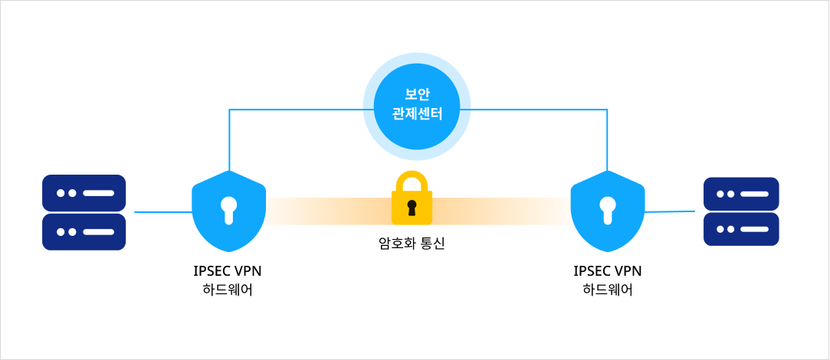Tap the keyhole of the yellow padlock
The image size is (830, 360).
pyautogui.click(x=412, y=208)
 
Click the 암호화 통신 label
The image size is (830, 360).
pyautogui.click(x=412, y=244)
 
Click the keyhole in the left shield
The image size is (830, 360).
pyautogui.click(x=228, y=209)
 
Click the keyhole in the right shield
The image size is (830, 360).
pyautogui.click(x=608, y=209)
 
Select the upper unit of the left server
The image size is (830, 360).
pyautogui.click(x=84, y=193)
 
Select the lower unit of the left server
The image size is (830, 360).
pyautogui.click(x=84, y=231)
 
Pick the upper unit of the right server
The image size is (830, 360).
pyautogui.click(x=741, y=194)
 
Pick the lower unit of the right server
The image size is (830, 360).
pyautogui.click(x=741, y=229)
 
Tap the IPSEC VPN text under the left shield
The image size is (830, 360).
pyautogui.click(x=228, y=271)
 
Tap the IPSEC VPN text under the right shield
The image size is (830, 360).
pyautogui.click(x=608, y=271)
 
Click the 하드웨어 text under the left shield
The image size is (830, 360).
pyautogui.click(x=228, y=290)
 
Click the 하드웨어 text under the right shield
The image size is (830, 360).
pyautogui.click(x=608, y=290)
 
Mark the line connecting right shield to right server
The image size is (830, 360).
pyautogui.click(x=670, y=211)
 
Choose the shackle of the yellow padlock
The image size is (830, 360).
pyautogui.click(x=412, y=182)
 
